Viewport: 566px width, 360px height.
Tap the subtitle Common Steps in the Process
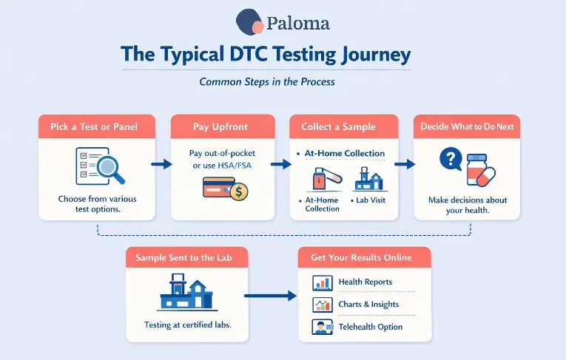[x=267, y=81]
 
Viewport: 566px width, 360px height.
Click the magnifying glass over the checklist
[x=110, y=166]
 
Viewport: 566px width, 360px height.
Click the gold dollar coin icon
[x=238, y=191]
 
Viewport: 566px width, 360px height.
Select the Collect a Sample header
[x=338, y=127]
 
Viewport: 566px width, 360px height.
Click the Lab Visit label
[x=369, y=200]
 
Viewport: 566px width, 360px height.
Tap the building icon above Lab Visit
[x=370, y=179]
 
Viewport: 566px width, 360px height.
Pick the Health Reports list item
[x=365, y=282]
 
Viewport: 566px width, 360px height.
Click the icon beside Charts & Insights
[x=323, y=305]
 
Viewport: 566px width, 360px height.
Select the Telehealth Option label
[x=370, y=327]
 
